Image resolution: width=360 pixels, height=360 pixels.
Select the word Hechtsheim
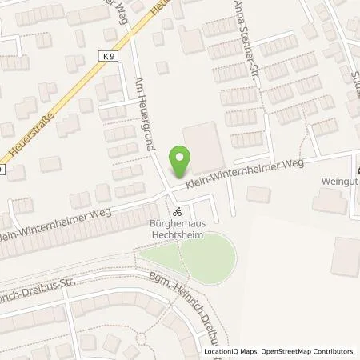pyautogui.click(x=174, y=236)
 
